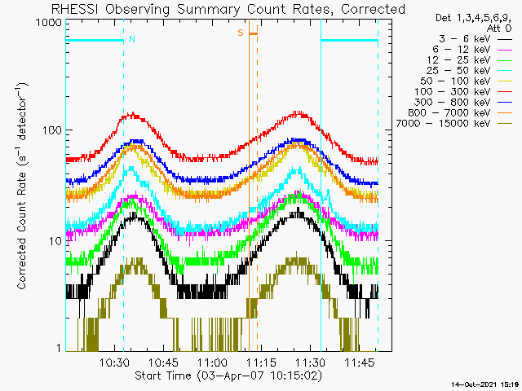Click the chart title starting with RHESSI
coord(228,9)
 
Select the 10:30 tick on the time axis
coord(115,362)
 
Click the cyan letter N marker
coord(132,39)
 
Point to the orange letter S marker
coord(241,33)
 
